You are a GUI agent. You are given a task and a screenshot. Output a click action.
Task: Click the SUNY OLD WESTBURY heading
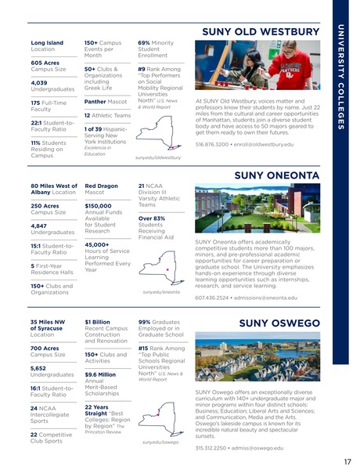coord(261,32)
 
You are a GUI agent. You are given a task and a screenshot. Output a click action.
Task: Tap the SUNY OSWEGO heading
coord(279,323)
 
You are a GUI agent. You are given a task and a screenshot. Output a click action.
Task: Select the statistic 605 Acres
coord(44,63)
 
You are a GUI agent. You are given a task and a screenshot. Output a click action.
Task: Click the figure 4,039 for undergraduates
coord(39,81)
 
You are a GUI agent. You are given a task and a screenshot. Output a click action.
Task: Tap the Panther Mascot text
coord(106,101)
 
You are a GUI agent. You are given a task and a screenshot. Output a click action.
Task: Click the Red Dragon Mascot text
coord(101,187)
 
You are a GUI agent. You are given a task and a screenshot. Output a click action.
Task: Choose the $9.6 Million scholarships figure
coord(101,374)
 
